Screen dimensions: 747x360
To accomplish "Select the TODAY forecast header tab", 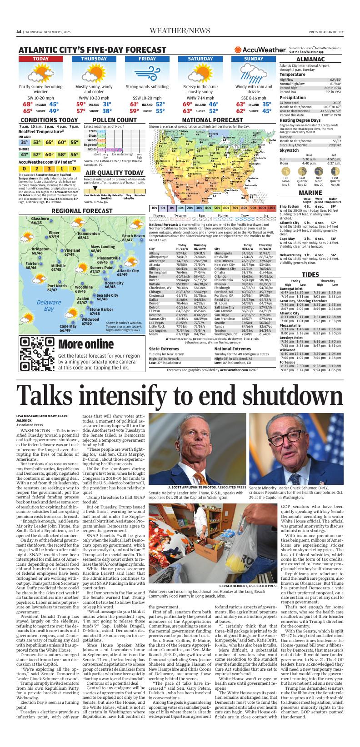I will [x=41, y=59].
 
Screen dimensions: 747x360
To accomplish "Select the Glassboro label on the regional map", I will [x=40, y=221].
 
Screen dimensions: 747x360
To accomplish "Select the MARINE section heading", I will [x=310, y=193].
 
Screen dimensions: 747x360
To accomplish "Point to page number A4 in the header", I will [x=19, y=32].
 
